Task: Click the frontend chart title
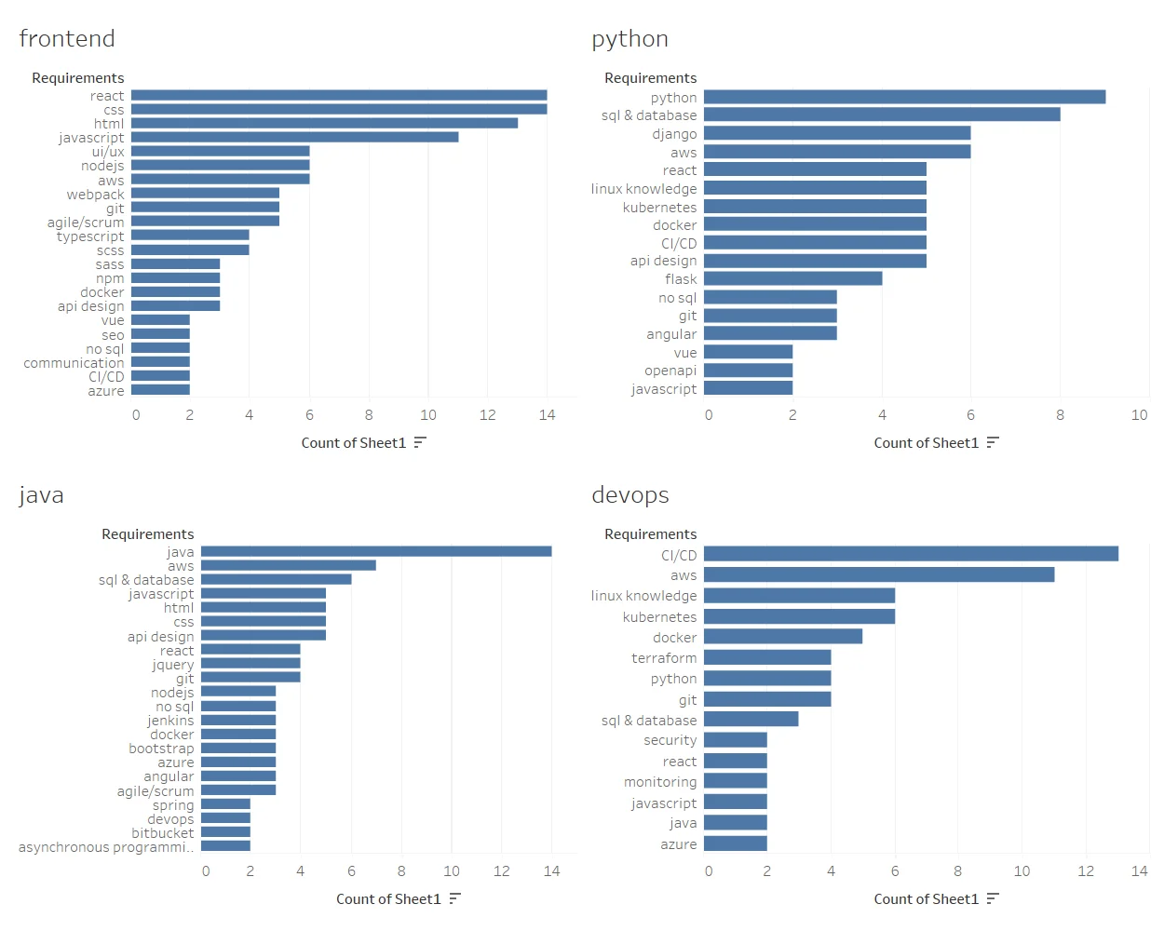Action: [67, 39]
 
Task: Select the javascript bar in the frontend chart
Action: [294, 137]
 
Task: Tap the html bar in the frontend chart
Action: [324, 123]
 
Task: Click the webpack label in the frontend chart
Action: [95, 195]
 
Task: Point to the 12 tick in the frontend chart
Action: [487, 415]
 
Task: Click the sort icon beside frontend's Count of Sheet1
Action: [420, 442]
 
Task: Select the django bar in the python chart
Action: [836, 133]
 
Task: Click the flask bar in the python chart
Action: [792, 278]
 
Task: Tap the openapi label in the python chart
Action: [670, 371]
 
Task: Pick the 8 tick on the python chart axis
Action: [1060, 415]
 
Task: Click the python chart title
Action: [629, 39]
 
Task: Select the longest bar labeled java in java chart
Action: [376, 551]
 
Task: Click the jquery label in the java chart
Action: [172, 665]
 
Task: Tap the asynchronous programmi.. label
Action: [106, 847]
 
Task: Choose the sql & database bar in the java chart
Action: [276, 579]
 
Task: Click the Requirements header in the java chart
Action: [147, 534]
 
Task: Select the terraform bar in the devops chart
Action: [767, 657]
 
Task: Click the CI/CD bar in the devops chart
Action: [911, 554]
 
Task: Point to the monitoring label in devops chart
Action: [659, 782]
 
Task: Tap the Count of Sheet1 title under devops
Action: [926, 898]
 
